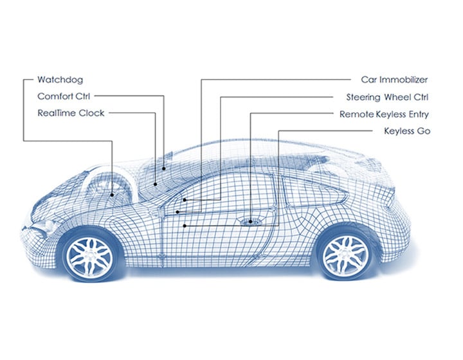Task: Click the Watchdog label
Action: [x=60, y=80]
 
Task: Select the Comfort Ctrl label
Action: [x=64, y=96]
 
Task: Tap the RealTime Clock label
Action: [x=71, y=113]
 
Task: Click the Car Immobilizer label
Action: [x=394, y=80]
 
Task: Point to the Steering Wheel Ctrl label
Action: [x=388, y=97]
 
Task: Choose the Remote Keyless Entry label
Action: [x=385, y=114]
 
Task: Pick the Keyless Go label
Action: [x=406, y=131]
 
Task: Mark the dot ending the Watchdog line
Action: [x=113, y=194]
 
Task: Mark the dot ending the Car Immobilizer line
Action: [x=185, y=200]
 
